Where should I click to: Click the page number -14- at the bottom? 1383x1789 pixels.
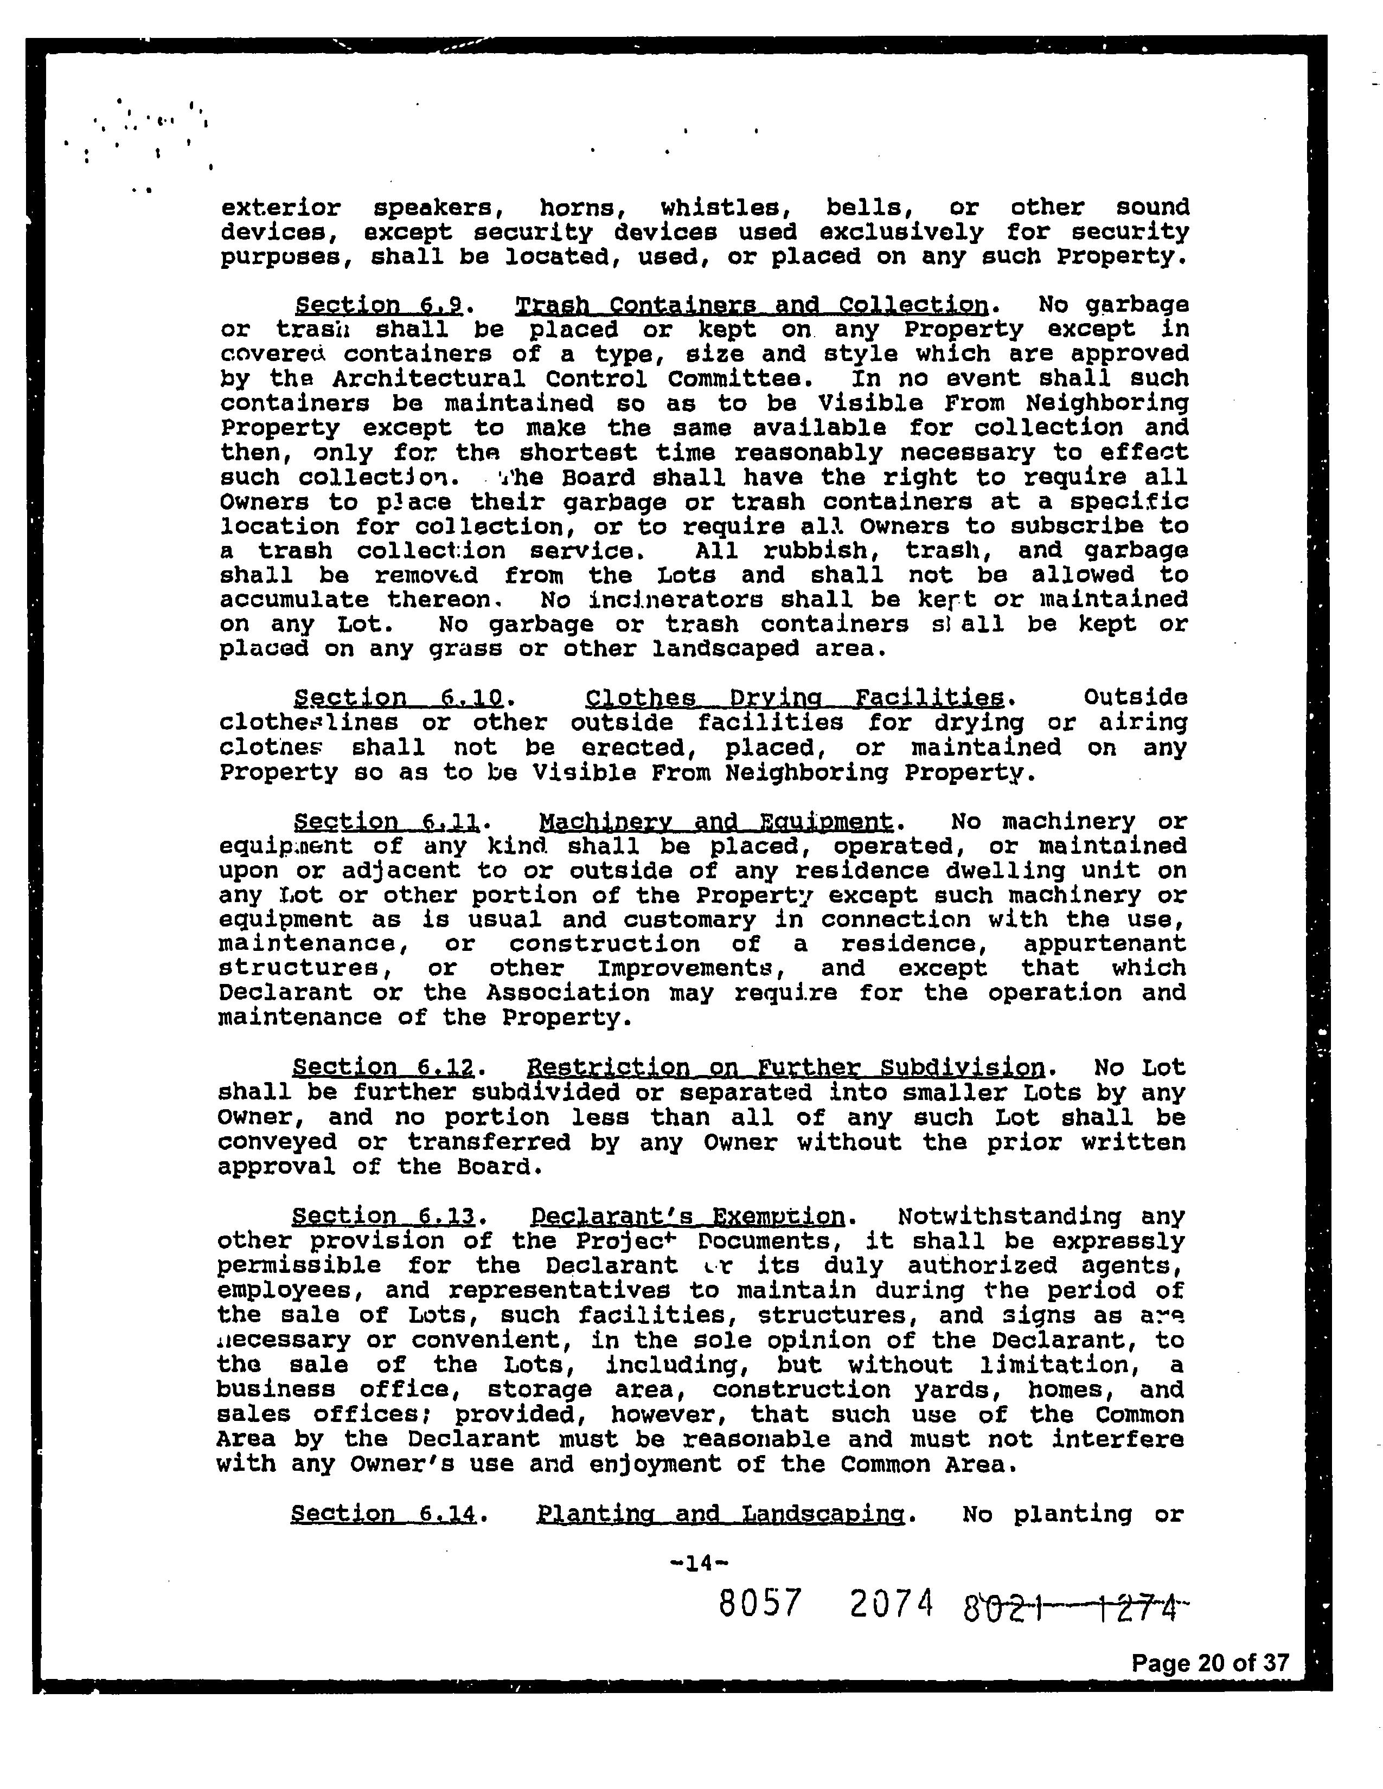698,1563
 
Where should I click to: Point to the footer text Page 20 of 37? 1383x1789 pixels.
1210,1662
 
